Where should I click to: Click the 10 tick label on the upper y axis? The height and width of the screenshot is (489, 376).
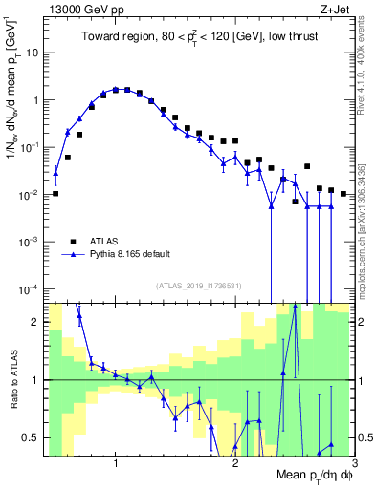coord(32,53)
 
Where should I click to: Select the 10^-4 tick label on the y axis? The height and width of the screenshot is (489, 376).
coord(29,288)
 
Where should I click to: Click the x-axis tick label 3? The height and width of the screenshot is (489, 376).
coord(354,464)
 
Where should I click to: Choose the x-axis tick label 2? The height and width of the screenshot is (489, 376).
coord(235,464)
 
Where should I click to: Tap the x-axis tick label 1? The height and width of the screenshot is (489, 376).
coord(116,464)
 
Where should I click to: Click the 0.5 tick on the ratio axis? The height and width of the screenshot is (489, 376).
coord(30,437)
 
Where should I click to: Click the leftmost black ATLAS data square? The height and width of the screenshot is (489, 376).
coord(55,193)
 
